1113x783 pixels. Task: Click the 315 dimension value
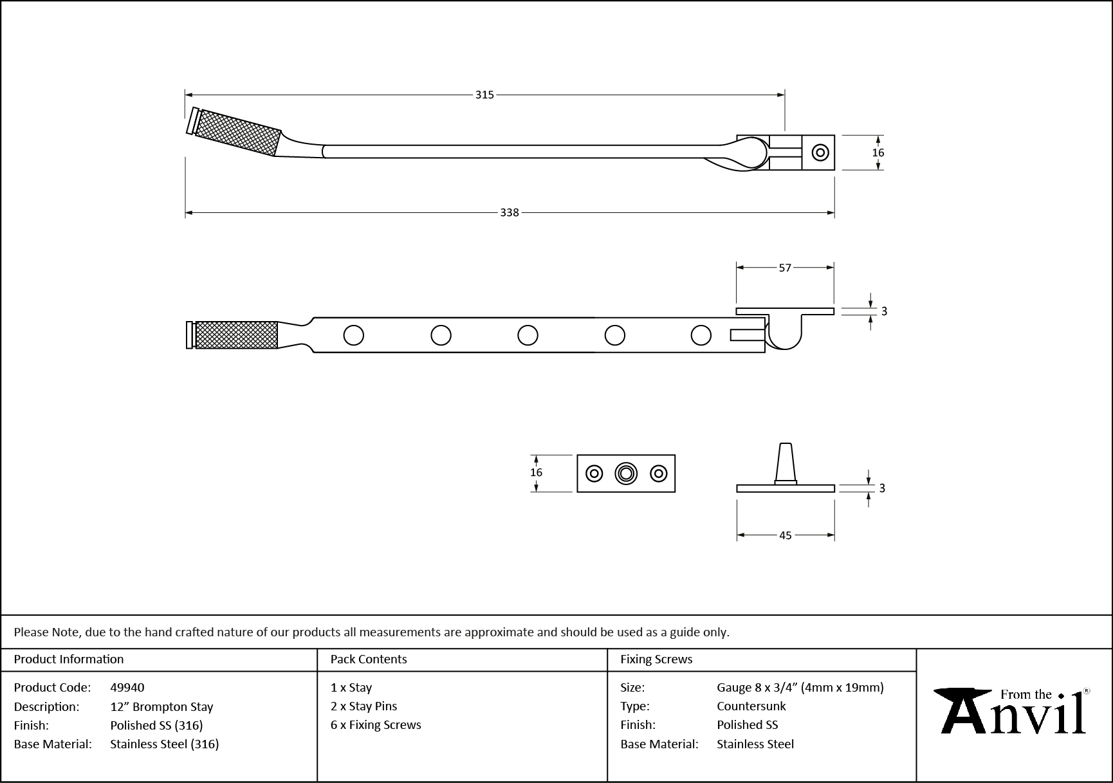(x=484, y=95)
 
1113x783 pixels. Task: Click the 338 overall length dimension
(x=510, y=213)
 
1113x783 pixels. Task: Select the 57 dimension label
(x=785, y=268)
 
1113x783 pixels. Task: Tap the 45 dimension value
(x=785, y=535)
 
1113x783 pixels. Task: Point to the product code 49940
(x=127, y=688)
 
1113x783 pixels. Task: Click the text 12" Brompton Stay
(x=161, y=706)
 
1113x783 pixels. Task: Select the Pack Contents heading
(x=369, y=659)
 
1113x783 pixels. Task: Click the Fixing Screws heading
(x=656, y=659)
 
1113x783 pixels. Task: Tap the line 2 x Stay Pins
(x=363, y=706)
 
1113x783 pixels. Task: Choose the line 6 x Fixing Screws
(x=376, y=725)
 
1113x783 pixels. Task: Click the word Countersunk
(x=751, y=706)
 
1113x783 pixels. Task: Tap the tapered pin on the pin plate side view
(x=786, y=461)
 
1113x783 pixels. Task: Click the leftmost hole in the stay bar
(x=354, y=335)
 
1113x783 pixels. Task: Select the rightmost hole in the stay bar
(x=701, y=335)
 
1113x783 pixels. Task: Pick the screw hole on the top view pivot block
(x=820, y=152)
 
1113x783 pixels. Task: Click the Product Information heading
(x=69, y=659)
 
